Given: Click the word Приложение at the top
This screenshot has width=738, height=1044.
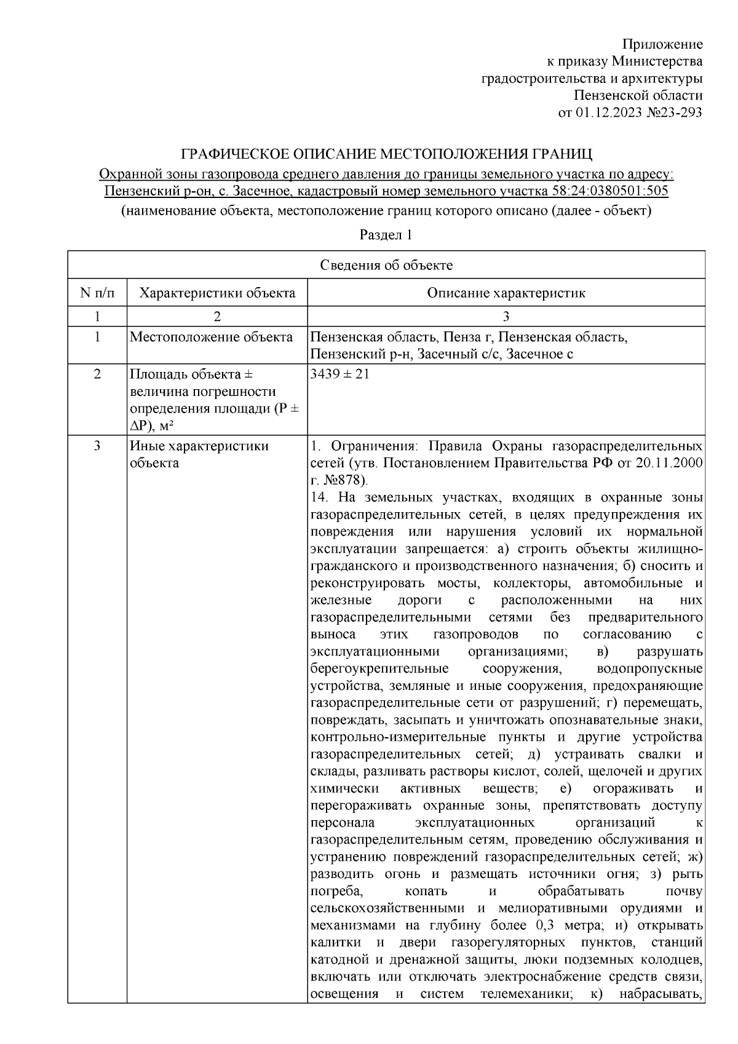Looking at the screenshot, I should (662, 44).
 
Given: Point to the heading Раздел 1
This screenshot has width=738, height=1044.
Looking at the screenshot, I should (386, 235).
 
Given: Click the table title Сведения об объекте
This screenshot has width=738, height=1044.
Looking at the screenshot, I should (386, 265).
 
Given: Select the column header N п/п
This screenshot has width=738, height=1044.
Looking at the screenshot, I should (97, 293).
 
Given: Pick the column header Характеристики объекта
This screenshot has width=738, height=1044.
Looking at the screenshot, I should (217, 293).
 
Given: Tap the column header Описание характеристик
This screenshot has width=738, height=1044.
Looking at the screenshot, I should (506, 293).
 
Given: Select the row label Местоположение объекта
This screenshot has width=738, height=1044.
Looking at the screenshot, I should (212, 337).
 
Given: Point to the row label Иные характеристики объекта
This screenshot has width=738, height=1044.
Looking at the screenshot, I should (199, 454).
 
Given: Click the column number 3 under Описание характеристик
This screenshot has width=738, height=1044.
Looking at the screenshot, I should (506, 317).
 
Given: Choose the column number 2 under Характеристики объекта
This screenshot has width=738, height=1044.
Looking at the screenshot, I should (217, 317).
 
